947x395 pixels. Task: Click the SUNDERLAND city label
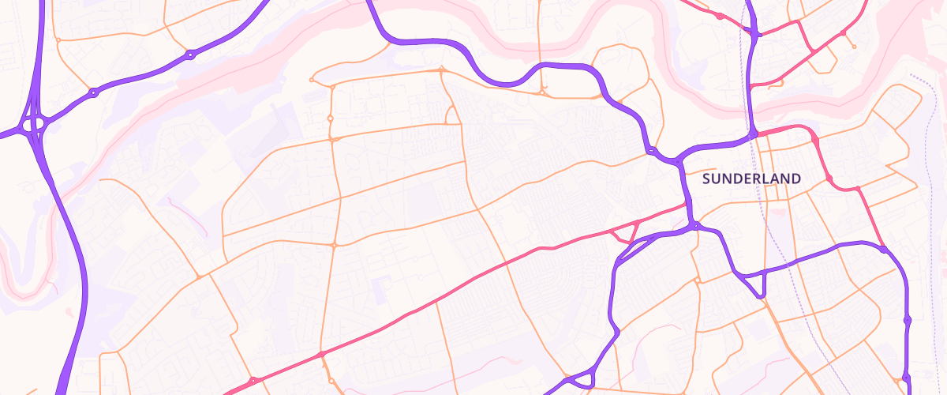pos(751,179)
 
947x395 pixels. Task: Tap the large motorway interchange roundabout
pos(34,124)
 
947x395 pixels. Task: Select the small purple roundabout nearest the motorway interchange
pos(93,92)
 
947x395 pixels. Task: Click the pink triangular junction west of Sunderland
pos(629,231)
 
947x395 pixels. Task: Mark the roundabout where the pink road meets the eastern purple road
pos(884,250)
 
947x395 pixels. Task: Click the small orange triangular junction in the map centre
pos(453,117)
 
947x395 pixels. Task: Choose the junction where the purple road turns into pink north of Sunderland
pos(755,134)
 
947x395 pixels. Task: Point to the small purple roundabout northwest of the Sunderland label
pos(653,150)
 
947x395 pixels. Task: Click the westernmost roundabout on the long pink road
pos(253,381)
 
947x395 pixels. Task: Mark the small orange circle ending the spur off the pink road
pos(854,47)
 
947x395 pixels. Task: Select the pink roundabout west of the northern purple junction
pos(720,16)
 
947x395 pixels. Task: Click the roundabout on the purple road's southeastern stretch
pos(908,320)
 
